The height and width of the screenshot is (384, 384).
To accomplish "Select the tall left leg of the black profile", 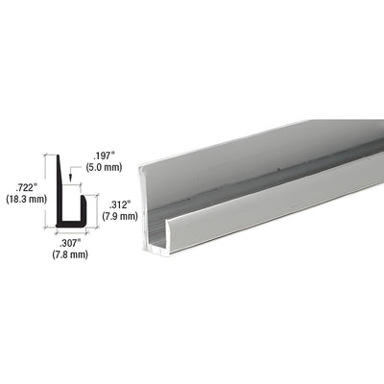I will coord(61,192).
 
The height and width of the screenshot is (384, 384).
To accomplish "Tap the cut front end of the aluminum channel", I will coord(155,245).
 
